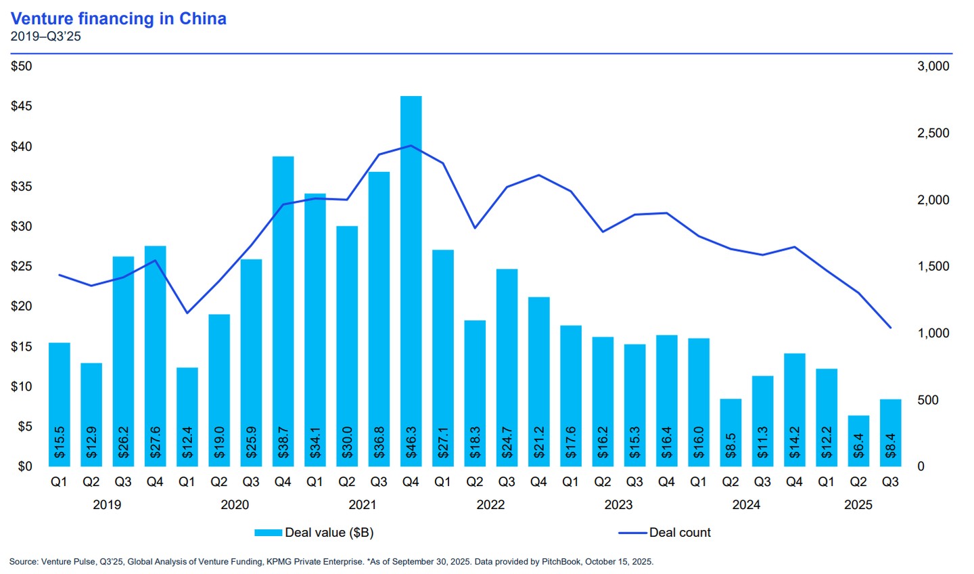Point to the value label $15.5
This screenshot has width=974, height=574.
coord(60,442)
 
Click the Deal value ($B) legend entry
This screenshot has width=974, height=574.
coord(314,533)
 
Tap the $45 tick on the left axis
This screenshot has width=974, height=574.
coord(22,106)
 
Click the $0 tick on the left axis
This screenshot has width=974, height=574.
coord(25,466)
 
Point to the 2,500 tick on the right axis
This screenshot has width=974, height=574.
coord(933,133)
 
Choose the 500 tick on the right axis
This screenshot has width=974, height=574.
coord(928,400)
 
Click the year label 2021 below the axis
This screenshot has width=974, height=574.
coord(363,505)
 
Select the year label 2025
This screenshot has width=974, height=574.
coord(858,505)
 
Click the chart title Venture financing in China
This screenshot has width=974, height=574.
coord(118,18)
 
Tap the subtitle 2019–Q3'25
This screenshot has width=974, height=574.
coord(45,37)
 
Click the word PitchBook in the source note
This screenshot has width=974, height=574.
coord(561,562)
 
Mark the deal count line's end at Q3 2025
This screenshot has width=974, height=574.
coord(890,328)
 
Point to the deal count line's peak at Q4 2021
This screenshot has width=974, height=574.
coord(411,146)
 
